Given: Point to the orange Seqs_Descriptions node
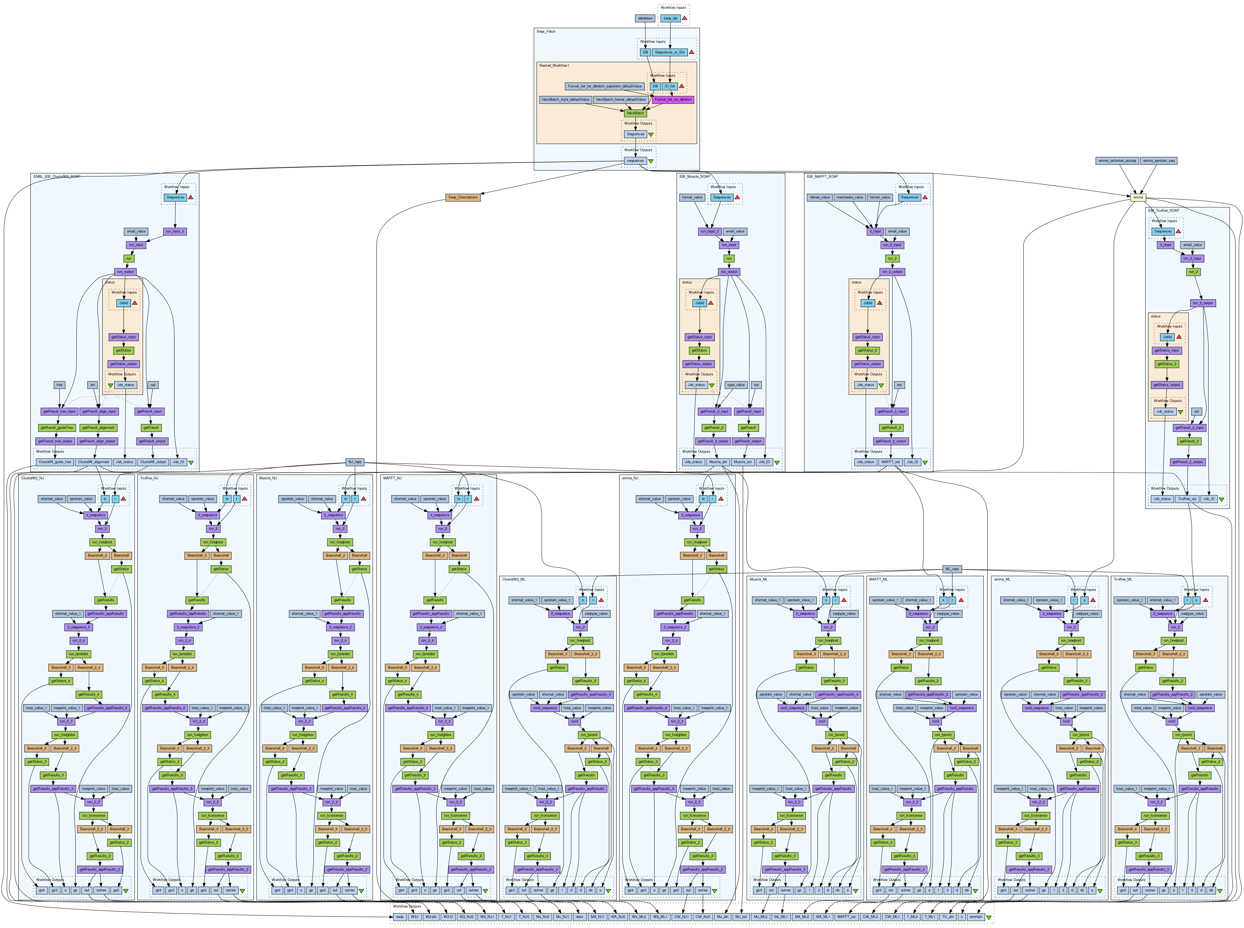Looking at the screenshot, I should tap(463, 197).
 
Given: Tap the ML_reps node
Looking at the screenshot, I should tap(952, 569).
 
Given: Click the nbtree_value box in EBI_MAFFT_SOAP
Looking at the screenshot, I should tap(819, 197).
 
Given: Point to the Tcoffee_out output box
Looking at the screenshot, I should tap(1187, 499).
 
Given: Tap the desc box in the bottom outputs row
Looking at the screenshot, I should tap(579, 917).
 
